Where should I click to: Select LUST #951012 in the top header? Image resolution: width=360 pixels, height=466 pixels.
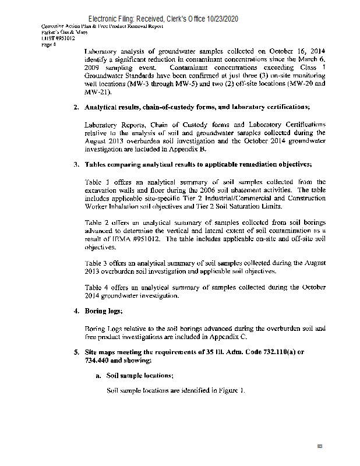point(58,38)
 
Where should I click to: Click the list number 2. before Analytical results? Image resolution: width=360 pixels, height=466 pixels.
point(76,107)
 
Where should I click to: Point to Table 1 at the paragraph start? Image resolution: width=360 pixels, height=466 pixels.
point(98,182)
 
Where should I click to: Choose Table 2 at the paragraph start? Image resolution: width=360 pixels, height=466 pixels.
point(98,223)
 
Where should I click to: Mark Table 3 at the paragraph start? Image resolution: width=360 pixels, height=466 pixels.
point(98,263)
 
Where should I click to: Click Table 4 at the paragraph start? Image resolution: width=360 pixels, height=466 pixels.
point(98,287)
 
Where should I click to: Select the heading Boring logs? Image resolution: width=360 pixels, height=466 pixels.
point(104,311)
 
